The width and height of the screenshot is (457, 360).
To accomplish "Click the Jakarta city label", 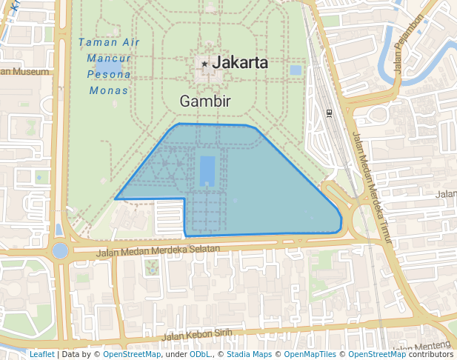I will point(240,63).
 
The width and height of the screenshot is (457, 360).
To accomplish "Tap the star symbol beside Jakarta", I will point(204,64).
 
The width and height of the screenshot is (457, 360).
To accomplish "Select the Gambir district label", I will point(205,101).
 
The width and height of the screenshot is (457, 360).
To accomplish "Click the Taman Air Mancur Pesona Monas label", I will point(109,66).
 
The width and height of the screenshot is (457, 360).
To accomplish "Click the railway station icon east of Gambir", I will point(328,113).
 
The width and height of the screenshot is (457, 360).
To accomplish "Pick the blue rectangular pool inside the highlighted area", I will point(207,170).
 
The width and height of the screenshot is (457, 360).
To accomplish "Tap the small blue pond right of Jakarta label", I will point(296,70).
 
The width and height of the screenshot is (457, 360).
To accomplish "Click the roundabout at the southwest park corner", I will point(60,250).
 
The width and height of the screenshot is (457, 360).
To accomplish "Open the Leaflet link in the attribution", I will point(41,354).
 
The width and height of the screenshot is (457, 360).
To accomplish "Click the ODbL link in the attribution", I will point(200,354).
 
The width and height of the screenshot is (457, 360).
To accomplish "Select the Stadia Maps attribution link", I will point(249,354).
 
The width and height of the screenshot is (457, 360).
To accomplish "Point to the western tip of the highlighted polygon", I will point(116,199).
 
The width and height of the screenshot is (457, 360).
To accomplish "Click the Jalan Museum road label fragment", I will point(25,72).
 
